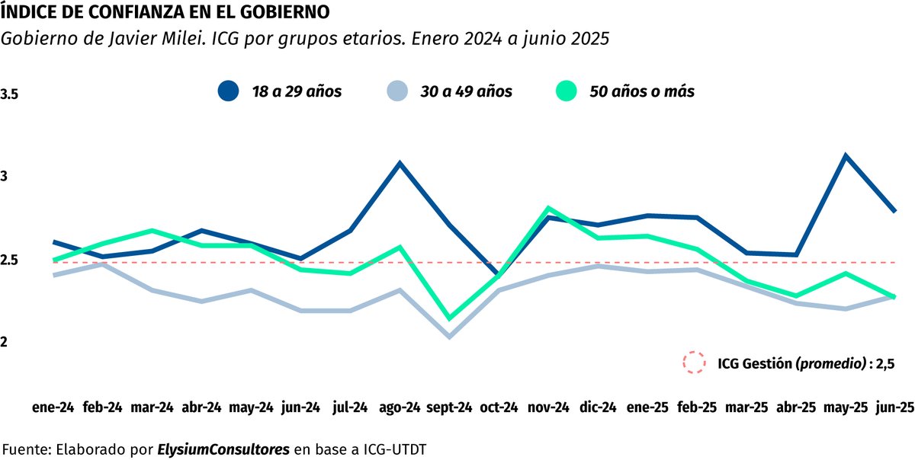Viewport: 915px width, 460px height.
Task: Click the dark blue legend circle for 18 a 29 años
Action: coord(229,91)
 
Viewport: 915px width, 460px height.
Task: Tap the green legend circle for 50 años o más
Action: coord(565,91)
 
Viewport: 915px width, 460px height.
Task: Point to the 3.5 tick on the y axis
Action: coord(10,95)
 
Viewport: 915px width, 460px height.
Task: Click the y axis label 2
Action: coord(5,343)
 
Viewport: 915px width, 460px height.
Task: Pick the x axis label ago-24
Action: coord(400,407)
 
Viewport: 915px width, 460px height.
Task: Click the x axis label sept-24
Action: coord(450,407)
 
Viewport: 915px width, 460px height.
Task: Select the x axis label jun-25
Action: coord(894,407)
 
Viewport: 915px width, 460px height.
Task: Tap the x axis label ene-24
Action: coord(53,407)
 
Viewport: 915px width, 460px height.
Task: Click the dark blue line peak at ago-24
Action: coord(400,163)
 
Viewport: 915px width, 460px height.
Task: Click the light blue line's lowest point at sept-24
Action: coord(449,337)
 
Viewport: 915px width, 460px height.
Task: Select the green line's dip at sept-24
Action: coord(449,318)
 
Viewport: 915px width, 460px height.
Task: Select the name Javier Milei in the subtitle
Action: coord(133,40)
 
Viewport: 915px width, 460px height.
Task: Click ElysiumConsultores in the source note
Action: coord(223,449)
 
